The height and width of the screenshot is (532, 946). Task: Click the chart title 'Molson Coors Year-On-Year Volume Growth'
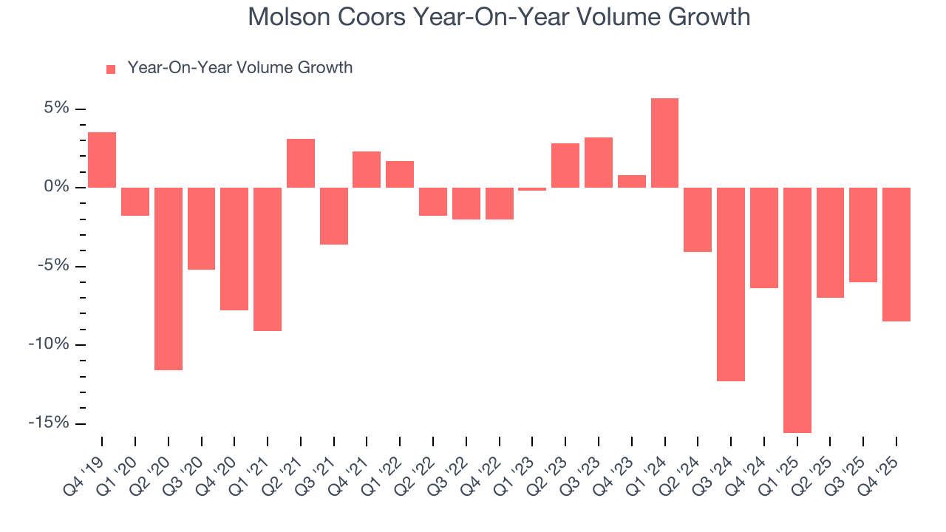click(499, 17)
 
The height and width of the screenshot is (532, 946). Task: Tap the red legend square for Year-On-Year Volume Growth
click(111, 69)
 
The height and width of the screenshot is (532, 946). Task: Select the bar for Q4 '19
click(102, 160)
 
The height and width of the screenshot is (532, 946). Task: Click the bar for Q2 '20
click(169, 279)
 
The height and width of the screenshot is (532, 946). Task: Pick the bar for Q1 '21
click(268, 259)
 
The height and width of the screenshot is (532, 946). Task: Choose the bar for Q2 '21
click(301, 163)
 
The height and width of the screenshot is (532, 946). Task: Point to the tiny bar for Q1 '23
click(532, 189)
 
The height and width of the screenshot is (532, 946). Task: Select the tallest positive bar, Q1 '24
click(664, 143)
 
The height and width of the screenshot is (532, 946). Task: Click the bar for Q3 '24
click(731, 284)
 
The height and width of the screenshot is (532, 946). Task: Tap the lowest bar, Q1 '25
click(797, 310)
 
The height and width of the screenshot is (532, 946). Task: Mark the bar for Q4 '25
click(896, 254)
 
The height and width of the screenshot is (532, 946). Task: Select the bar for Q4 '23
click(632, 181)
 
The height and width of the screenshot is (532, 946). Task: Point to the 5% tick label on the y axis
click(56, 109)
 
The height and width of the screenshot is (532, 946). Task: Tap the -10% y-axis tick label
click(50, 344)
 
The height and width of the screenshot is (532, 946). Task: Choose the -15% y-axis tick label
click(50, 423)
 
